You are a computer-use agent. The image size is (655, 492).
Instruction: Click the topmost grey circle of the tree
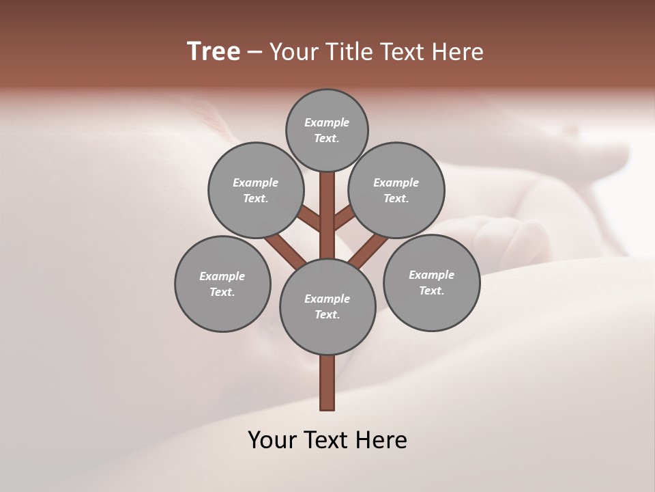(x=327, y=131)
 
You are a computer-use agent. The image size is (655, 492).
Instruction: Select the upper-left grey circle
(x=256, y=190)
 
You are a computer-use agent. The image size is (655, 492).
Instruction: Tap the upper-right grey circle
(x=396, y=190)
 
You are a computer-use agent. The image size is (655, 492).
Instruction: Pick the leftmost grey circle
(x=222, y=284)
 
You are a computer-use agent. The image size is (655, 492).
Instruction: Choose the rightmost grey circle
(x=431, y=282)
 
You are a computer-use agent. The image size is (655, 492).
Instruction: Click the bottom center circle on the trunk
(x=327, y=307)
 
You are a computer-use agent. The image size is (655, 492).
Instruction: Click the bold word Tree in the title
(x=214, y=51)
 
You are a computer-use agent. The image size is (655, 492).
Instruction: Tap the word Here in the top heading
(x=458, y=51)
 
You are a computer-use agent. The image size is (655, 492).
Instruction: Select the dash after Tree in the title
(x=254, y=53)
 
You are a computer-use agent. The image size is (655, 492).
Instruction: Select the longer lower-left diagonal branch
(x=285, y=251)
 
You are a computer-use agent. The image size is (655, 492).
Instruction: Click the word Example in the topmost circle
(x=327, y=123)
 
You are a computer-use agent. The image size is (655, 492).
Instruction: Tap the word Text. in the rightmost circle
(x=431, y=290)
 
